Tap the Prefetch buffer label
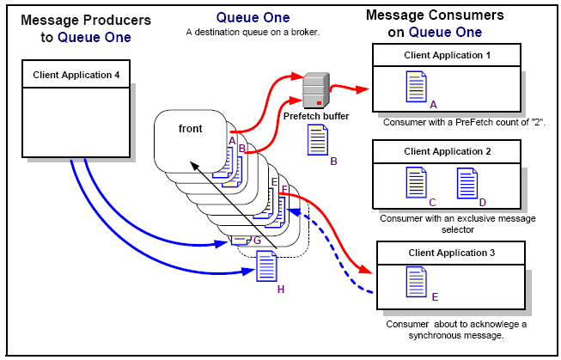pyautogui.click(x=316, y=114)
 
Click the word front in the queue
pyautogui.click(x=191, y=129)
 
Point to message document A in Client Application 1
pyautogui.click(x=416, y=86)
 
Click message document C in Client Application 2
pyautogui.click(x=416, y=183)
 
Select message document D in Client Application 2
pyautogui.click(x=467, y=183)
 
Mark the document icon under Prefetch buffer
pyautogui.click(x=317, y=139)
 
